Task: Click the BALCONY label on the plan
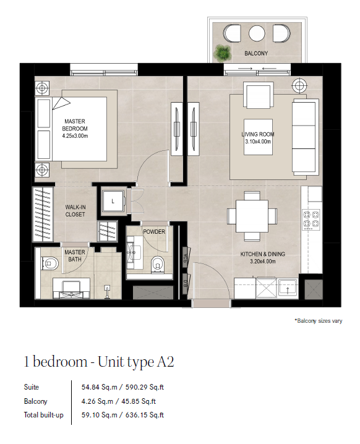(x=256, y=53)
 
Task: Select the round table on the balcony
(x=257, y=33)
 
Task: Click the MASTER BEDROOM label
(x=75, y=125)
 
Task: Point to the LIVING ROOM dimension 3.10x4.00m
(x=258, y=142)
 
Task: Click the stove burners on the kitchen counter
(x=311, y=219)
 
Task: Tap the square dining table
(x=252, y=216)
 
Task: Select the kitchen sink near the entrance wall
(x=288, y=288)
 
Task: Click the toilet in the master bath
(x=49, y=263)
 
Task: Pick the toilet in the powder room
(x=157, y=265)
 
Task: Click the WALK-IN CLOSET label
(x=75, y=211)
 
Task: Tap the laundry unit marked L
(x=113, y=202)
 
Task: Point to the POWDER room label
(x=154, y=232)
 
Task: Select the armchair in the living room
(x=259, y=95)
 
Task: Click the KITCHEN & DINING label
(x=262, y=254)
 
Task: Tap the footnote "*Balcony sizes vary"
(x=319, y=321)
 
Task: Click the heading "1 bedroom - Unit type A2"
(x=99, y=362)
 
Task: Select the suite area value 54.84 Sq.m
(x=99, y=387)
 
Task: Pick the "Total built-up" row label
(x=44, y=415)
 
